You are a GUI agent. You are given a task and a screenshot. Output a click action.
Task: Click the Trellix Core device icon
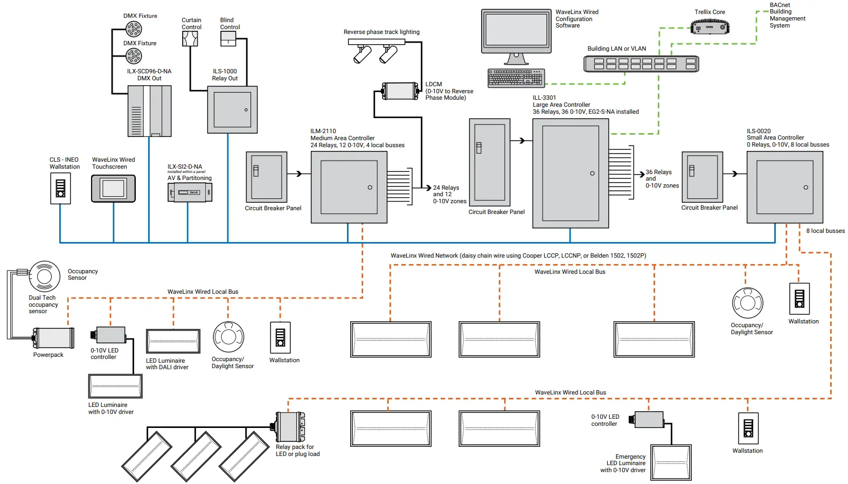(x=710, y=26)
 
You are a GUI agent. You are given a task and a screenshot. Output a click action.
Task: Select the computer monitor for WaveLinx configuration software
(x=516, y=31)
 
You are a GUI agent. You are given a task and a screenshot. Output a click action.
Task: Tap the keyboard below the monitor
(x=516, y=78)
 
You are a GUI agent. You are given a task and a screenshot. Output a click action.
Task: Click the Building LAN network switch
(x=641, y=64)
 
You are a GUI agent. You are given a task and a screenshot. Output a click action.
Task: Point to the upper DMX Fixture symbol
(x=134, y=29)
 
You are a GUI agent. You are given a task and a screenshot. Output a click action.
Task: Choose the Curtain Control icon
(x=190, y=39)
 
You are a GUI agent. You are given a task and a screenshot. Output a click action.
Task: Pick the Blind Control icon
(x=228, y=39)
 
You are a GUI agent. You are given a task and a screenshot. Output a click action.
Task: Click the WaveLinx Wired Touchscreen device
(x=113, y=189)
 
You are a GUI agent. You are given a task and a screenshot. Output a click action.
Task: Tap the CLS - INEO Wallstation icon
(x=60, y=188)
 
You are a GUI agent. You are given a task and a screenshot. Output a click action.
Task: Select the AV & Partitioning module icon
(x=190, y=192)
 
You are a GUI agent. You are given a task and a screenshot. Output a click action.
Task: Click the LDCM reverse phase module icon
(x=400, y=91)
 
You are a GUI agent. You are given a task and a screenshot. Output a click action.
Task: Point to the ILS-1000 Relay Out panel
(x=232, y=110)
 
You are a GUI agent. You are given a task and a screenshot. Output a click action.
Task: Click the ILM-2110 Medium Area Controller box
(x=349, y=187)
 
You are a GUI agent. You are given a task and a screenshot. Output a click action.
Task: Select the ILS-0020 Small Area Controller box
(x=784, y=187)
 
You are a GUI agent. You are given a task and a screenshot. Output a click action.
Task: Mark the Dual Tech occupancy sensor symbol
(x=44, y=276)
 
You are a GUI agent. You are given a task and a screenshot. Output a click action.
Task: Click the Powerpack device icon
(x=53, y=338)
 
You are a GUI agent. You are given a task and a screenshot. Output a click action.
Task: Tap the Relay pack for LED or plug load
(x=290, y=427)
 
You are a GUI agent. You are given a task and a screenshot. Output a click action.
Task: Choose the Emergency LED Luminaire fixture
(x=671, y=462)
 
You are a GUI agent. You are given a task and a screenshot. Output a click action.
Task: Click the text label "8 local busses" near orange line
(x=825, y=231)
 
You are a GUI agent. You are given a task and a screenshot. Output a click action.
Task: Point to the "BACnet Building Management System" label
(x=787, y=15)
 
